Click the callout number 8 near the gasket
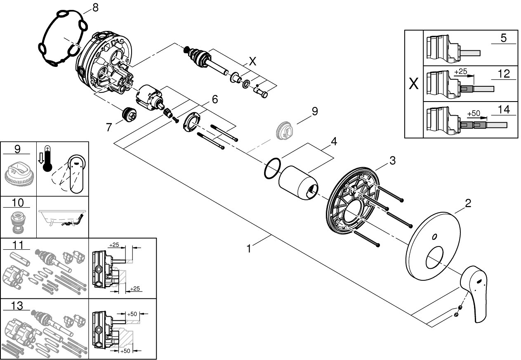click(x=95, y=8)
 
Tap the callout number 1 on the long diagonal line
click(x=249, y=249)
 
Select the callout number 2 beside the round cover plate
click(x=468, y=203)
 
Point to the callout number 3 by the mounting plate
click(x=392, y=160)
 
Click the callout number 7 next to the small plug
click(x=109, y=127)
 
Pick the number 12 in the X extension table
click(x=504, y=74)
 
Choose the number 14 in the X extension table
click(x=504, y=109)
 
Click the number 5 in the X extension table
click(x=503, y=38)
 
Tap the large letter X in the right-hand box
click(x=413, y=84)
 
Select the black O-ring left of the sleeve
click(x=271, y=169)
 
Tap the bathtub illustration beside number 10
click(x=63, y=217)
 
